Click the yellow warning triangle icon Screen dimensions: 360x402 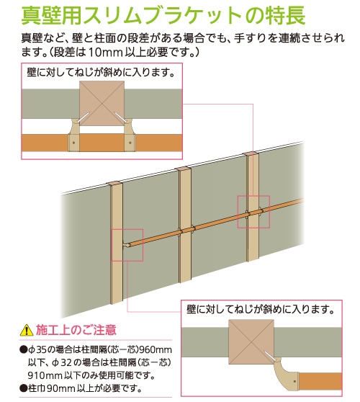pyautogui.click(x=27, y=330)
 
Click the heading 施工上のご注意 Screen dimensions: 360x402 pyautogui.click(x=76, y=330)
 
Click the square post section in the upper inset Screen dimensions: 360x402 pyautogui.click(x=102, y=104)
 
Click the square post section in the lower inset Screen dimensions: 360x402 pyautogui.click(x=251, y=342)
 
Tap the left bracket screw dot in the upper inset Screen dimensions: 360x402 pyautogui.click(x=74, y=143)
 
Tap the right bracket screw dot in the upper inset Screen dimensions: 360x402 pyautogui.click(x=130, y=143)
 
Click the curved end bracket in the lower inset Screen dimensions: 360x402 pyautogui.click(x=285, y=375)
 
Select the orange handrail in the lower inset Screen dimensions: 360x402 pyautogui.click(x=320, y=382)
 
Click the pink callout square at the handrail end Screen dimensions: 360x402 pyautogui.click(x=127, y=245)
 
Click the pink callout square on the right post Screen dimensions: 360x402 pyautogui.click(x=253, y=212)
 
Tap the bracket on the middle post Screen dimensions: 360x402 pyautogui.click(x=187, y=230)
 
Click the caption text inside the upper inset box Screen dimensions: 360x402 pyautogui.click(x=101, y=73)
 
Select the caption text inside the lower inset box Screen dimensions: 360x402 pyautogui.click(x=261, y=310)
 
